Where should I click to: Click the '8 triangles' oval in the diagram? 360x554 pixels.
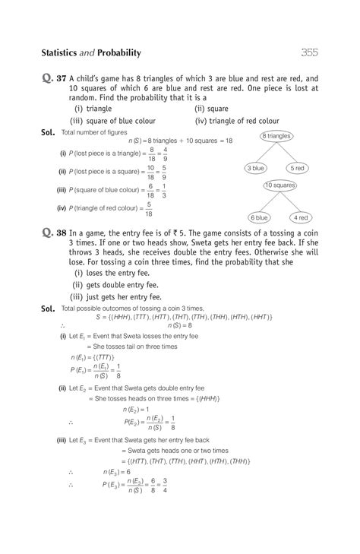[276, 135]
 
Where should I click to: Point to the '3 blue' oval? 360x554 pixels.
[254, 167]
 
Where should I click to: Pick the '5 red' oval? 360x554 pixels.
[297, 167]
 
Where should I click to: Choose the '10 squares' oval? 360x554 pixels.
[279, 185]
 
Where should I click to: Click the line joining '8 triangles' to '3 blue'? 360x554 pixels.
[265, 151]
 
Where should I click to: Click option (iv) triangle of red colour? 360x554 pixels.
[237, 120]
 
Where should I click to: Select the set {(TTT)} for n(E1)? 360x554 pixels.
[103, 356]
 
